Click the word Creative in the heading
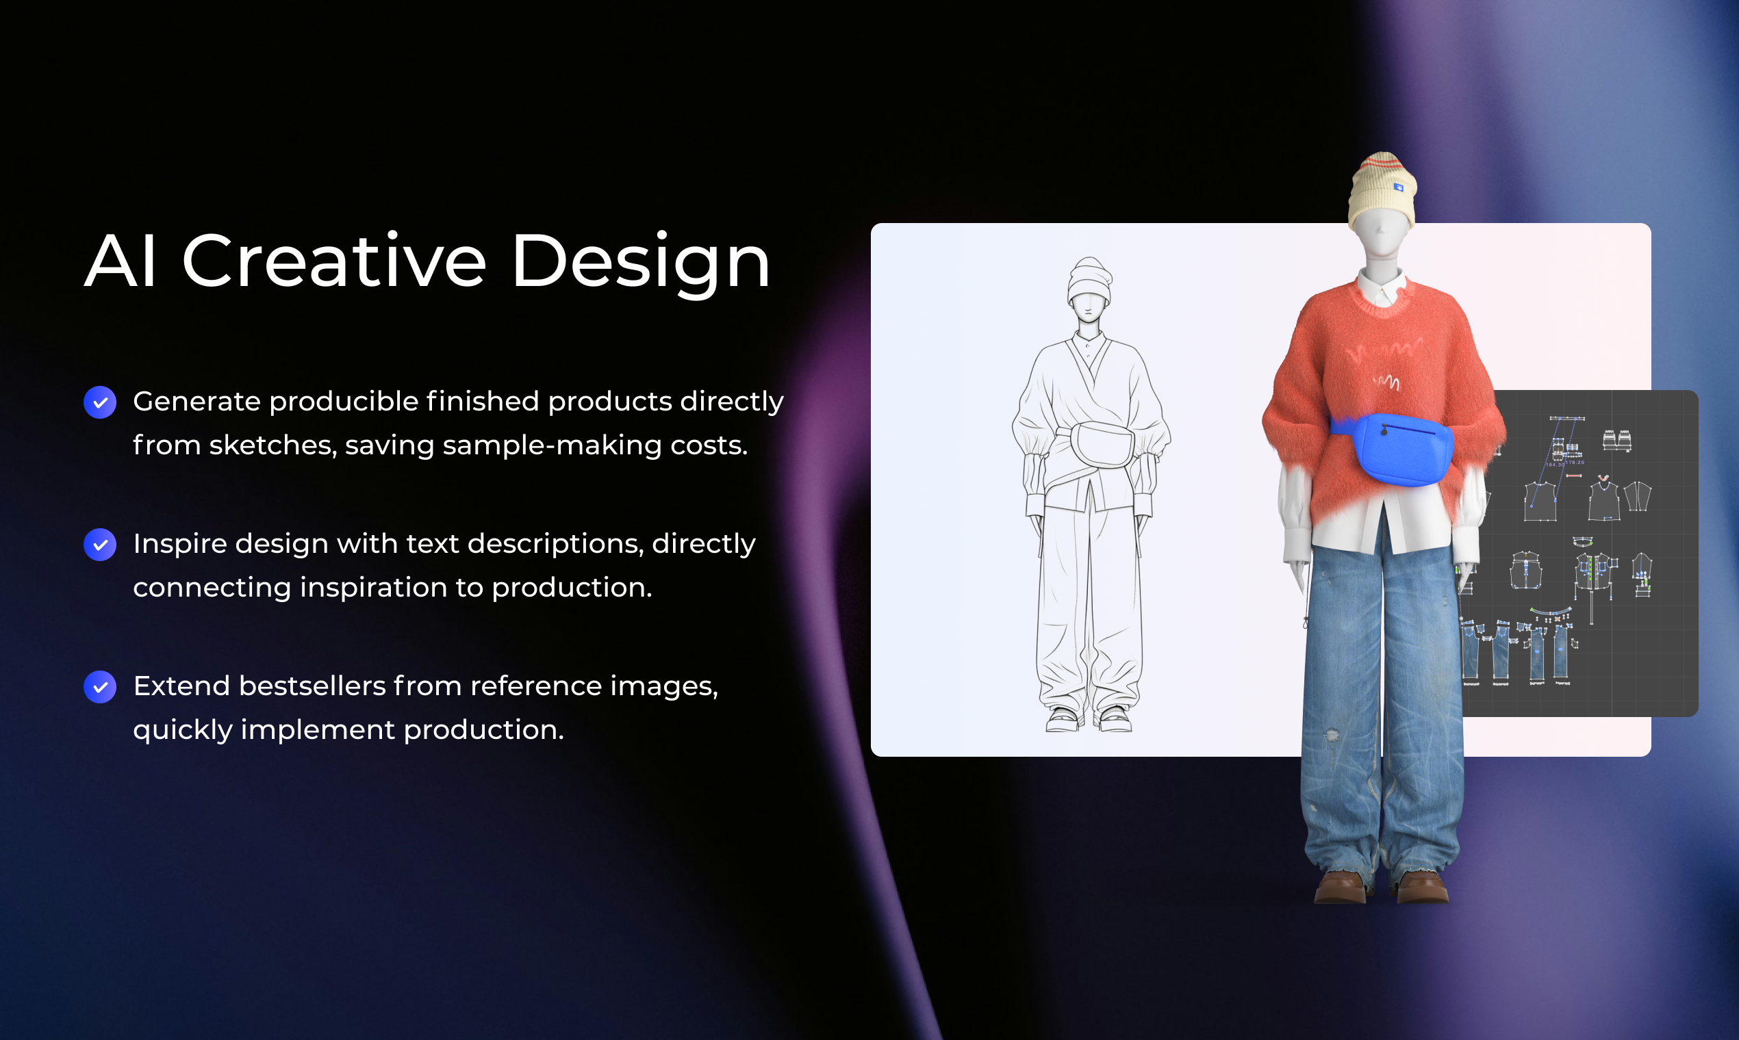[x=334, y=261]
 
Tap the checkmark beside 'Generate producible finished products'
[x=100, y=402]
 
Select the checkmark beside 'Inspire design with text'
[x=100, y=545]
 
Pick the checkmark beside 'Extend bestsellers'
[x=100, y=687]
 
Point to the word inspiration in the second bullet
[x=373, y=587]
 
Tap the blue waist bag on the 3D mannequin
[x=1402, y=450]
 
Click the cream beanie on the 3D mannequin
[x=1382, y=189]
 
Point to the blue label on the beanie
[x=1398, y=187]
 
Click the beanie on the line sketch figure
[x=1089, y=281]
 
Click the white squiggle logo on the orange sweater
[x=1386, y=382]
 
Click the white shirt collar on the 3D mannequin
[x=1380, y=286]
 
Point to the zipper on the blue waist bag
[x=1410, y=428]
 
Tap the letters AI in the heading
[x=120, y=261]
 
